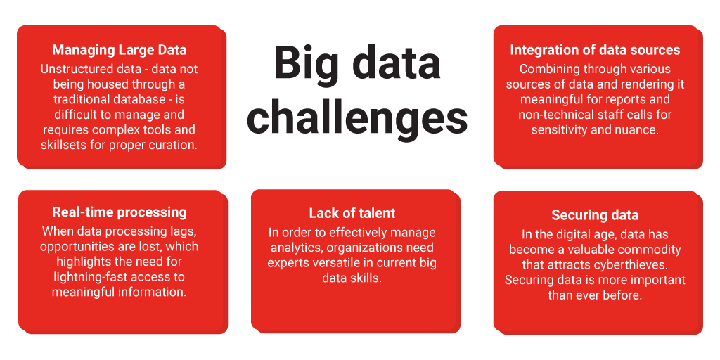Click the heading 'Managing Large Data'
(120, 50)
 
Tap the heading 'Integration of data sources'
(595, 50)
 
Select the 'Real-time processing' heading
(120, 212)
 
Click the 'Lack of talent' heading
(352, 213)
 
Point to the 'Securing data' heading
(595, 215)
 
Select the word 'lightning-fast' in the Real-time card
(92, 277)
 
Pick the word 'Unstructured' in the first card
(75, 69)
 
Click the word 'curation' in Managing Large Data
(171, 145)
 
